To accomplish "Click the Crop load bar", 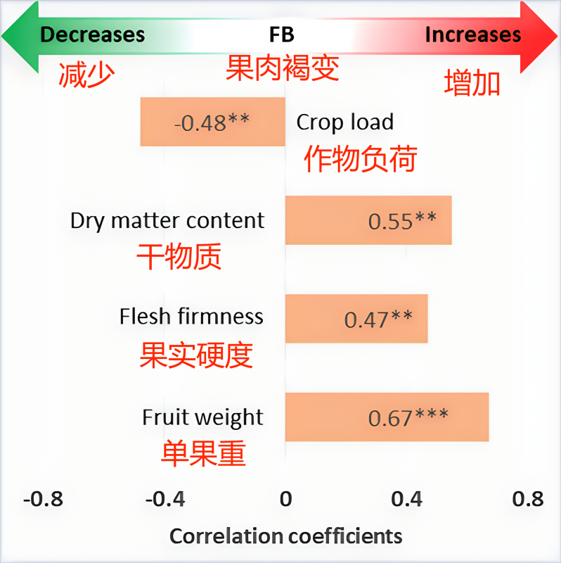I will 212,122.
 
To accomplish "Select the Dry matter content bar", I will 368,220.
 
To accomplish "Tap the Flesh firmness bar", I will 356,319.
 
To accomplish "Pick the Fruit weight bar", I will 387,417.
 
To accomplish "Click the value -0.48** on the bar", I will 212,122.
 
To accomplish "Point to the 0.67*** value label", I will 408,417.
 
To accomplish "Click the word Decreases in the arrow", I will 92,34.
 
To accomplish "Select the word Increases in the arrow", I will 473,34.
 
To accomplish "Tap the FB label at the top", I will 281,34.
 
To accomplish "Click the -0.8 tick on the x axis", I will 43,499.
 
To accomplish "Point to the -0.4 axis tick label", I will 165,499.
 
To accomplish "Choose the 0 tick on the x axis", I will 285,499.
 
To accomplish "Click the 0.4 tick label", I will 407,499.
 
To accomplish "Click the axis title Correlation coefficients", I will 286,536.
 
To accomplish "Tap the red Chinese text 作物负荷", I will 360,159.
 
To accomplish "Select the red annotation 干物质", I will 179,258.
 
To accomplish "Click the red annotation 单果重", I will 204,454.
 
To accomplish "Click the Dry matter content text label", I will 167,220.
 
